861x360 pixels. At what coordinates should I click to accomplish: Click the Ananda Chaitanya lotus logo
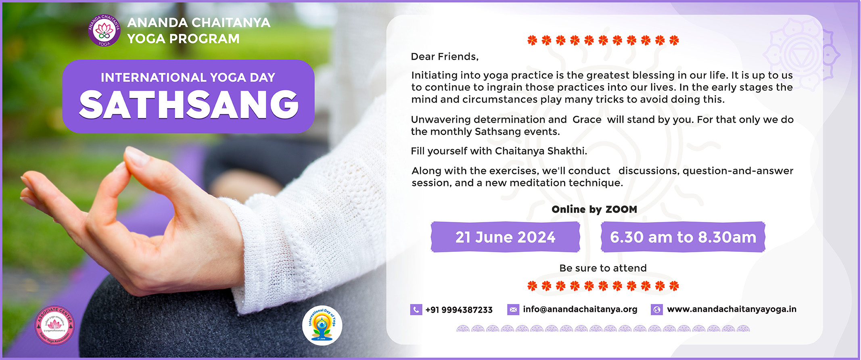pyautogui.click(x=104, y=30)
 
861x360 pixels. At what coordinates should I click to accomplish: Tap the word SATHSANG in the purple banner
pyautogui.click(x=188, y=105)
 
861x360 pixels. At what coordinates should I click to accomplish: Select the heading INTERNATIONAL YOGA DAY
pyautogui.click(x=188, y=77)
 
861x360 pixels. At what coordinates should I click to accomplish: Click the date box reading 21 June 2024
pyautogui.click(x=505, y=237)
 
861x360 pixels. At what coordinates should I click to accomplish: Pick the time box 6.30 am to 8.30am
pyautogui.click(x=683, y=237)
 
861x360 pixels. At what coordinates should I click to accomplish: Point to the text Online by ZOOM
pyautogui.click(x=594, y=209)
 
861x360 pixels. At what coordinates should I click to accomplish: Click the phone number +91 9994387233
pyautogui.click(x=459, y=310)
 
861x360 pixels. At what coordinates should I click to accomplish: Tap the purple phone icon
pyautogui.click(x=416, y=310)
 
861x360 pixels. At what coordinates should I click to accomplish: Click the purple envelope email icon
pyautogui.click(x=513, y=310)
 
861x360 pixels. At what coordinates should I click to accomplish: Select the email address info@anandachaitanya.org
pyautogui.click(x=580, y=309)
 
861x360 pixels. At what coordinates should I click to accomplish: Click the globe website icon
pyautogui.click(x=657, y=310)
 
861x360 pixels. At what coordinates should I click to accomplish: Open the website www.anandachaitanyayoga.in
pyautogui.click(x=731, y=309)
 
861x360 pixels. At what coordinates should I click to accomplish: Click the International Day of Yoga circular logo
pyautogui.click(x=322, y=325)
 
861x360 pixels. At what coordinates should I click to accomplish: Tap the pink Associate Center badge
pyautogui.click(x=54, y=325)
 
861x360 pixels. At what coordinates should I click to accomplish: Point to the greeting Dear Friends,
pyautogui.click(x=445, y=57)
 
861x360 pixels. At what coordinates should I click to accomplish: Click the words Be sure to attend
pyautogui.click(x=603, y=268)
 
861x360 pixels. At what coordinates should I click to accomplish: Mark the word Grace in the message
pyautogui.click(x=587, y=119)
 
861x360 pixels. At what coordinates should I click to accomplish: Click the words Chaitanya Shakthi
pyautogui.click(x=541, y=151)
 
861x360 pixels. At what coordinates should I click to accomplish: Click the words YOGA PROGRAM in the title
pyautogui.click(x=183, y=39)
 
